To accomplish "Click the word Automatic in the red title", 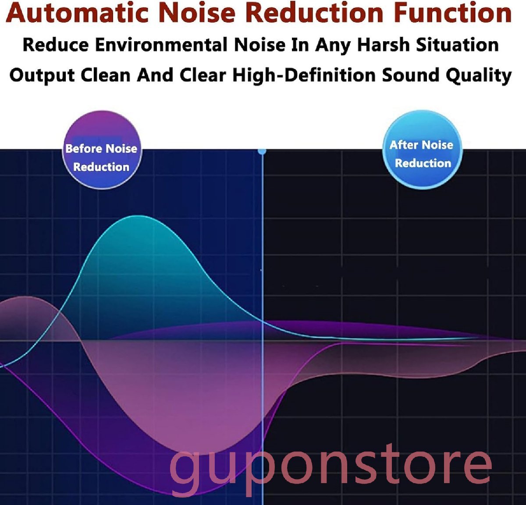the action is (x=78, y=13).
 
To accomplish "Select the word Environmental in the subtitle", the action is (x=161, y=45).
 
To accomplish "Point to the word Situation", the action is (x=457, y=45).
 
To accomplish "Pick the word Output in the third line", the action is (x=42, y=75).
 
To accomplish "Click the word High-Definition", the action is (x=304, y=75).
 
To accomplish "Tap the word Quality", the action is (x=478, y=76).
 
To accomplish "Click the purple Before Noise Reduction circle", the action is (x=102, y=150).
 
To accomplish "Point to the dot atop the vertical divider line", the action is (x=262, y=151).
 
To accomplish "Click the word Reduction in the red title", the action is (x=315, y=13).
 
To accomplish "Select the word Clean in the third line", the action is (x=106, y=75).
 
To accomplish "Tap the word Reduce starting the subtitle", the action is (x=56, y=45).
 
